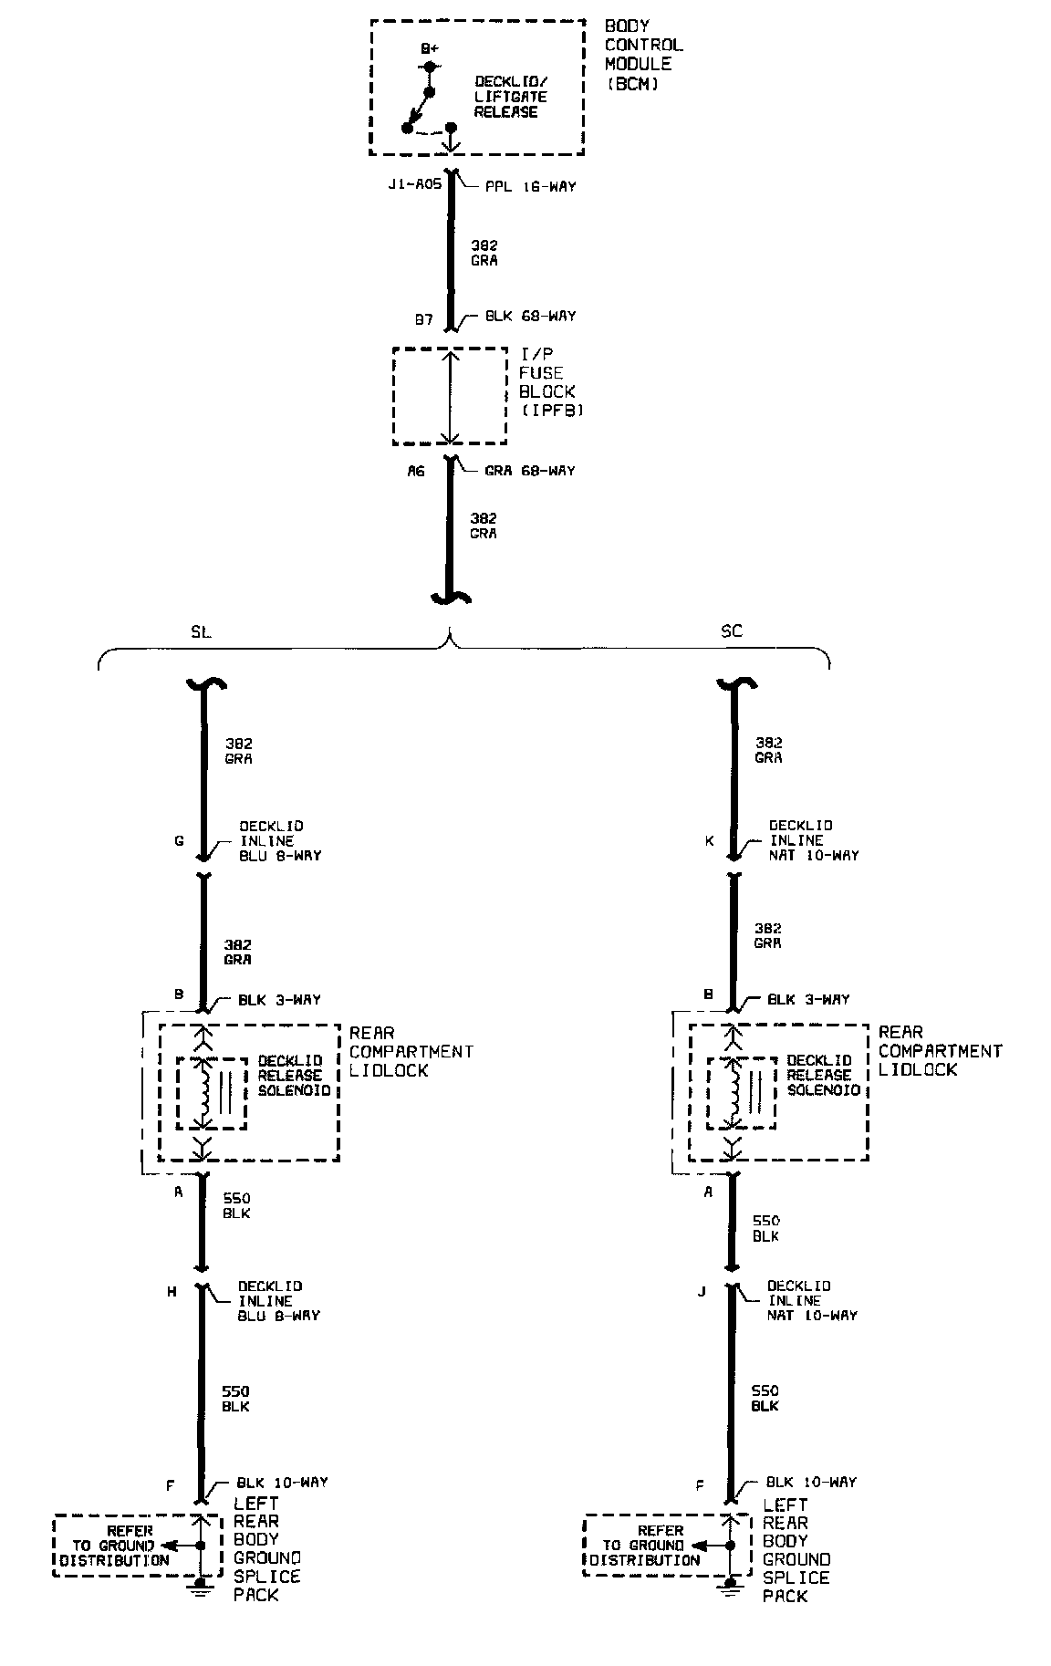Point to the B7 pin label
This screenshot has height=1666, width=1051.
coord(423,320)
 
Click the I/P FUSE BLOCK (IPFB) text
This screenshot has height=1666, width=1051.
coord(549,381)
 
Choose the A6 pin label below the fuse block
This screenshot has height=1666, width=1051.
coord(416,472)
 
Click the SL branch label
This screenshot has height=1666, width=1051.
coord(201,631)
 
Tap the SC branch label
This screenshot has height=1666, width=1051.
coord(731,631)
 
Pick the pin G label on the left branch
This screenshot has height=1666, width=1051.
coord(179,840)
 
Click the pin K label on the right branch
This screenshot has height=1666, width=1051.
coord(709,840)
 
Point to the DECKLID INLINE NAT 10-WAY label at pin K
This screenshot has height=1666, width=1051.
coord(813,840)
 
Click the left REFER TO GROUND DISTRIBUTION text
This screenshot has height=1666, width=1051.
coord(115,1546)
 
